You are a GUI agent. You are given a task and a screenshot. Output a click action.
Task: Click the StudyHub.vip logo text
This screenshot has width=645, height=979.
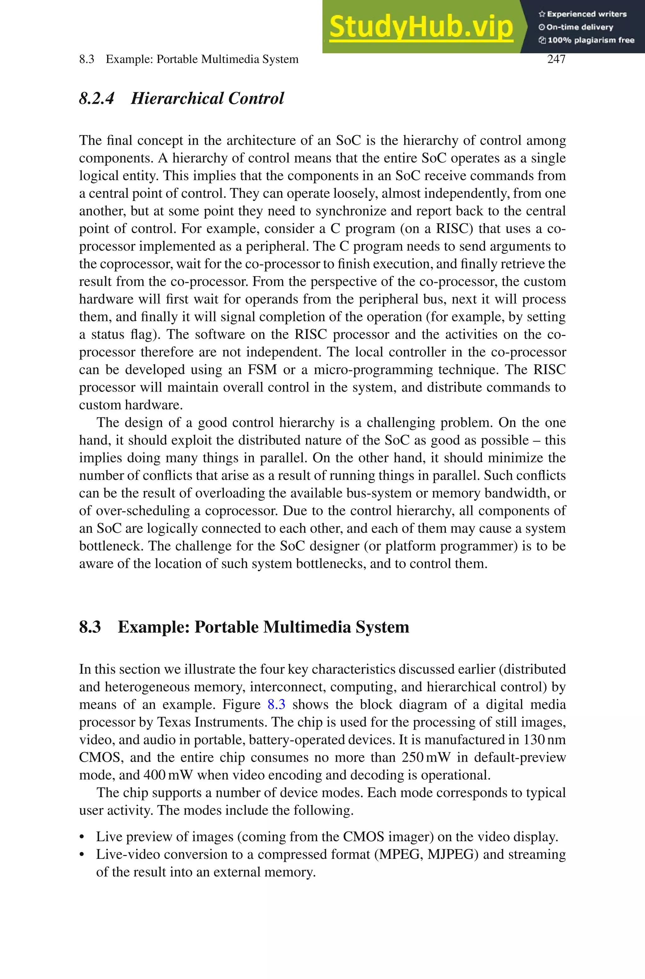421,27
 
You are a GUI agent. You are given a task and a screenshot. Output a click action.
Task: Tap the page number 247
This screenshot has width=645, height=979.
556,59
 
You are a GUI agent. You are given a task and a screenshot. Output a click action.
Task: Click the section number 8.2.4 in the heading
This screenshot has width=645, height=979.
96,99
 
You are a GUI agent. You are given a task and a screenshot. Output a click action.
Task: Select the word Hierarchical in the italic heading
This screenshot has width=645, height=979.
176,99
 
